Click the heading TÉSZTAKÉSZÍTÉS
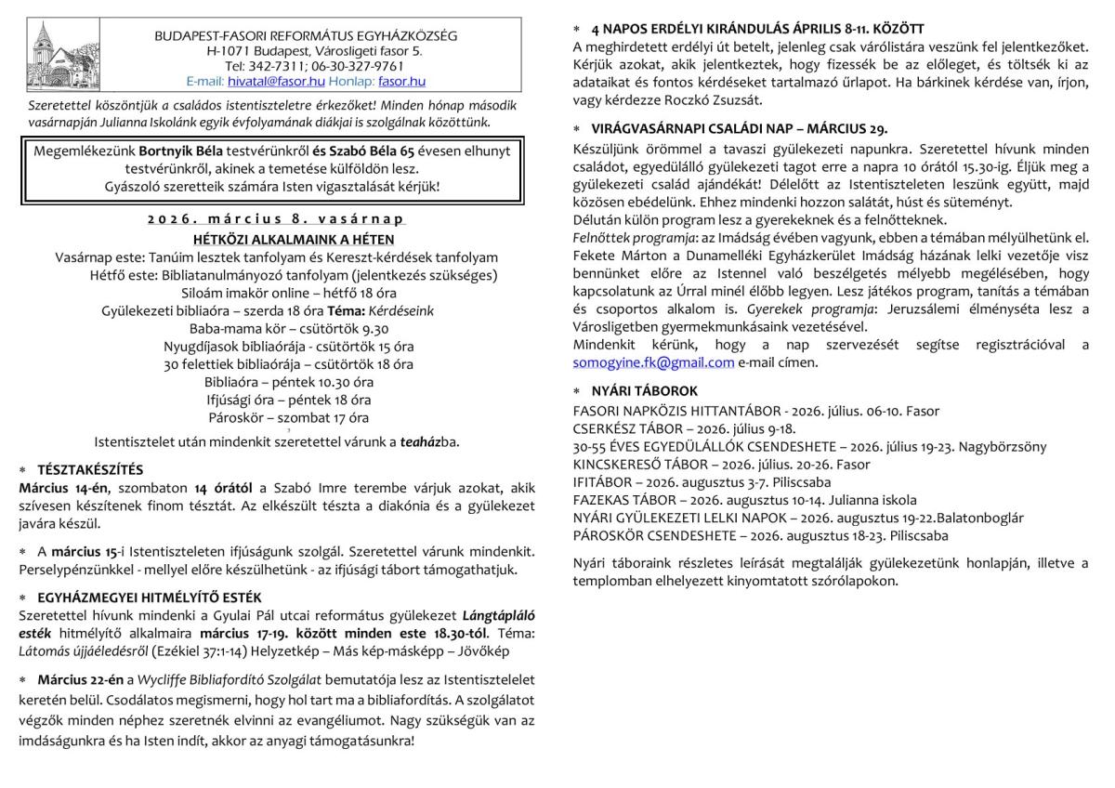(90, 469)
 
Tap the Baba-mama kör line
(289, 329)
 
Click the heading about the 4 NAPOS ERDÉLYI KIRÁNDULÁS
(757, 29)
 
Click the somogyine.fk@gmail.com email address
(654, 362)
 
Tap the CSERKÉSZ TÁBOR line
(685, 428)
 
